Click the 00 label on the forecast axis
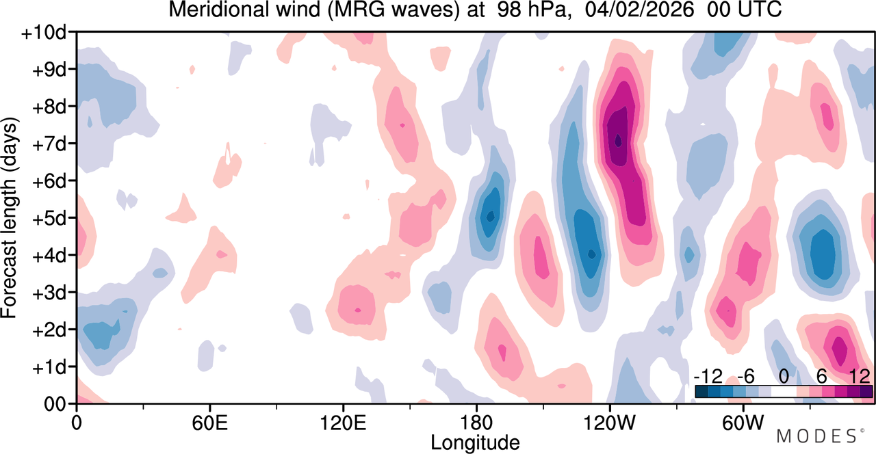point(54,404)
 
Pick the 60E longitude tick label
point(209,423)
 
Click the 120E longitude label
point(343,423)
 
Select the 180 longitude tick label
point(476,423)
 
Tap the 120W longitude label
point(610,423)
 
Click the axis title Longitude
point(475,443)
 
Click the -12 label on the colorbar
point(708,377)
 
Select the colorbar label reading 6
point(822,377)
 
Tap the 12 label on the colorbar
point(860,377)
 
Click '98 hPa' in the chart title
point(532,10)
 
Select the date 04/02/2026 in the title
point(639,10)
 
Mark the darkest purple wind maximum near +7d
point(618,140)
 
